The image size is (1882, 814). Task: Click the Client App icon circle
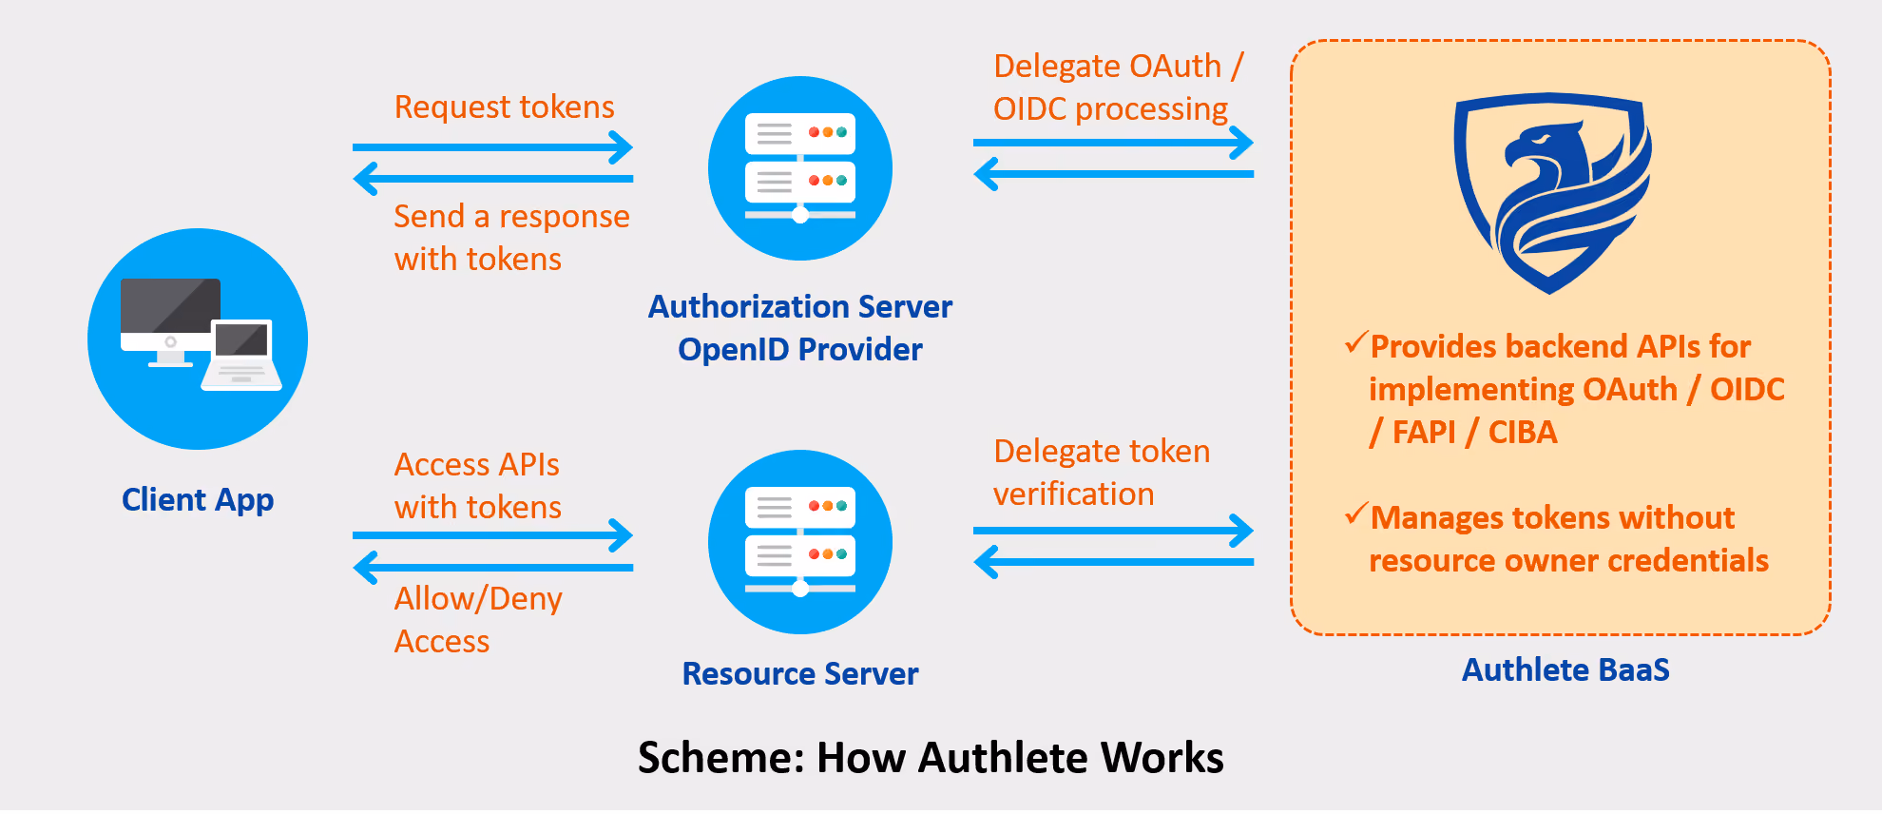click(x=198, y=339)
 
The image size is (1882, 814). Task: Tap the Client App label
click(x=198, y=500)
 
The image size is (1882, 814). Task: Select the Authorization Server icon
click(x=800, y=168)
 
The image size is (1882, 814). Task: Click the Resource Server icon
click(x=800, y=542)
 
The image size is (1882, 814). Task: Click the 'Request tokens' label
click(x=505, y=107)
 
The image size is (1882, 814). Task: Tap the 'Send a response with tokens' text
click(x=511, y=238)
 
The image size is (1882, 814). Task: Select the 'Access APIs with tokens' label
click(x=478, y=486)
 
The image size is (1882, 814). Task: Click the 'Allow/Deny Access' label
click(x=478, y=620)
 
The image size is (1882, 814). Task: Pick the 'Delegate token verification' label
click(x=1102, y=473)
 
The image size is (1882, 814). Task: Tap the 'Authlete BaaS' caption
click(x=1565, y=670)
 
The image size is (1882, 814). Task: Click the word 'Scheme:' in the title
click(x=721, y=758)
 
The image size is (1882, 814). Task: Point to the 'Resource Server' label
click(x=800, y=674)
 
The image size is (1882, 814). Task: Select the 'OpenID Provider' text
click(x=800, y=350)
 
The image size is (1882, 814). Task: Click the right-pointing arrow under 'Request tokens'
click(x=492, y=147)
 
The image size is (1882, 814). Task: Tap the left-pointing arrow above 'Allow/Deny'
click(x=492, y=568)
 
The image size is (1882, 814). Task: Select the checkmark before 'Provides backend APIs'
click(x=1356, y=342)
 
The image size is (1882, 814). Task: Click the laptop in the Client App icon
click(x=241, y=356)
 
